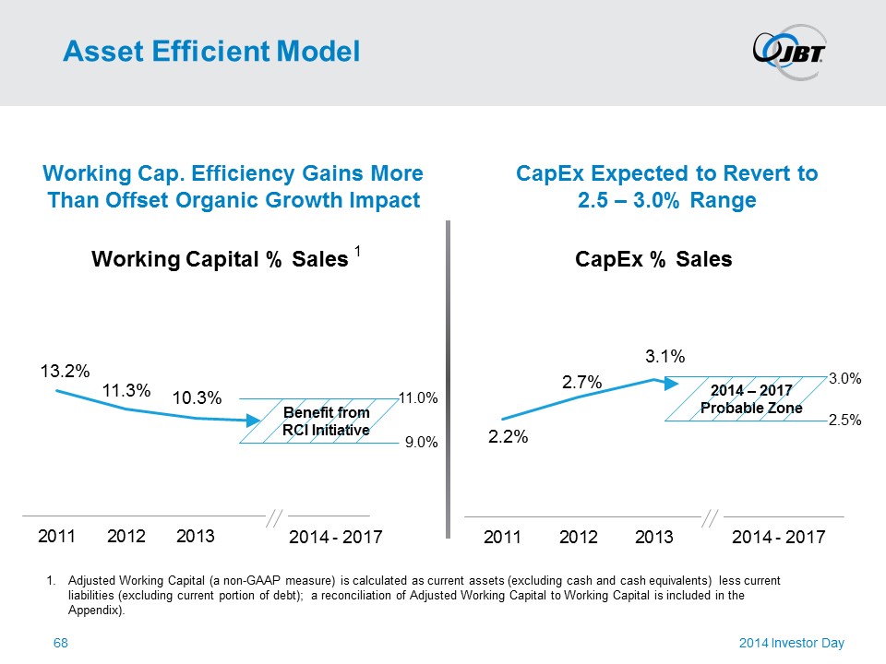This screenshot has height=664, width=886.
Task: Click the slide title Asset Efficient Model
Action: pos(210,52)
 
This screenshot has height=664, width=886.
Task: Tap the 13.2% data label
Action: pos(64,372)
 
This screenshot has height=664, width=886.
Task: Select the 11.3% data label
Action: pos(126,390)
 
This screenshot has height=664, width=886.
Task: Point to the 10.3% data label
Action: pos(198,398)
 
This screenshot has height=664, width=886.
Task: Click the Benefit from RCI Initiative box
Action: pos(326,421)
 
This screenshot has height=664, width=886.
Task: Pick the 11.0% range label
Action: pos(418,397)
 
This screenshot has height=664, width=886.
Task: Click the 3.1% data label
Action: pos(664,356)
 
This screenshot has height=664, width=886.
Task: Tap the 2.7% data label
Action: pos(582,381)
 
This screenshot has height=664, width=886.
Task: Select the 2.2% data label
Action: pos(509,438)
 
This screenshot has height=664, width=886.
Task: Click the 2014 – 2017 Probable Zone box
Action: pos(746,398)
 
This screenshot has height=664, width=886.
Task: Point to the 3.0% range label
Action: pos(844,378)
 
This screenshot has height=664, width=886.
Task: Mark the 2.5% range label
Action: pos(844,421)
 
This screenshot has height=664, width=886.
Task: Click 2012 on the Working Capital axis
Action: pos(127,536)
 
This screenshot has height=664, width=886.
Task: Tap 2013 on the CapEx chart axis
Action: pos(655,537)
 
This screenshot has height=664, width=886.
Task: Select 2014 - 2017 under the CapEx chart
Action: pos(778,537)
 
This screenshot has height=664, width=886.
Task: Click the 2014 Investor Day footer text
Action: pos(792,643)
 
